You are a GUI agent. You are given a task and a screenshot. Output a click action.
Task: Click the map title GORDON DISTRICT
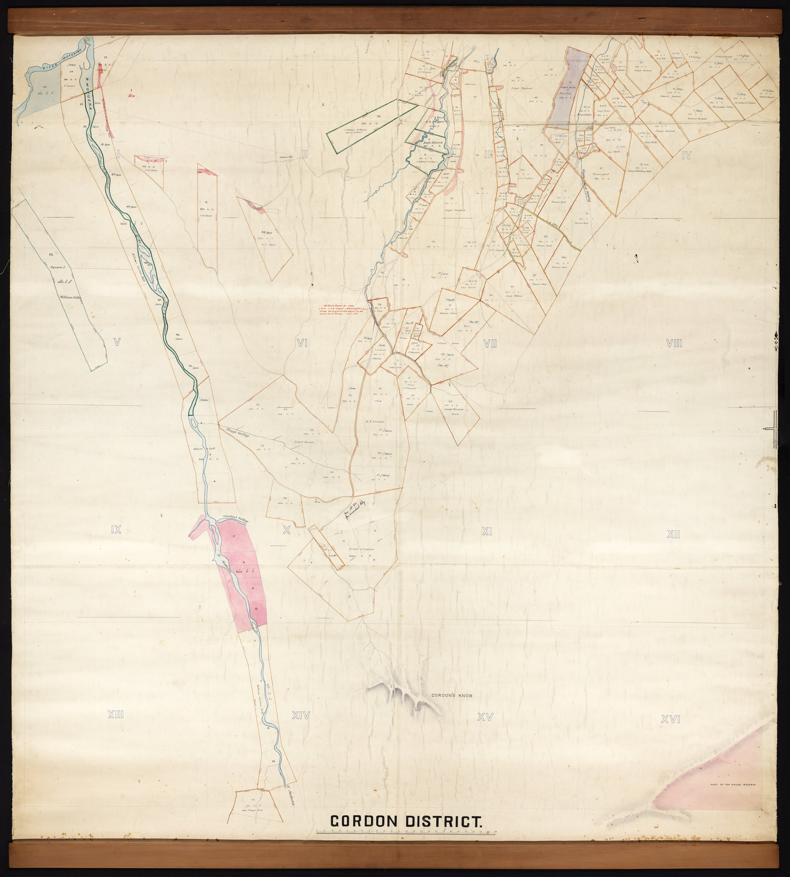[x=406, y=821]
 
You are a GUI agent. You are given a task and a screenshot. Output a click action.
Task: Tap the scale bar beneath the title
[x=406, y=832]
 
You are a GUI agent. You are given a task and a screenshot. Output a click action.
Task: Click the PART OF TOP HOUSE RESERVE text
[x=736, y=785]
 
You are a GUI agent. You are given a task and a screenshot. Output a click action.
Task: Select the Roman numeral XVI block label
[x=670, y=719]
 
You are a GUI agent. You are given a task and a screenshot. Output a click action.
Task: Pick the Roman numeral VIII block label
[x=675, y=343]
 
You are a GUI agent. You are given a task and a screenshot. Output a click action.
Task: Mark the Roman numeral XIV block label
[x=300, y=715]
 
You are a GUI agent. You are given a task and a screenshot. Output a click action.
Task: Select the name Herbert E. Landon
[x=361, y=549]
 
